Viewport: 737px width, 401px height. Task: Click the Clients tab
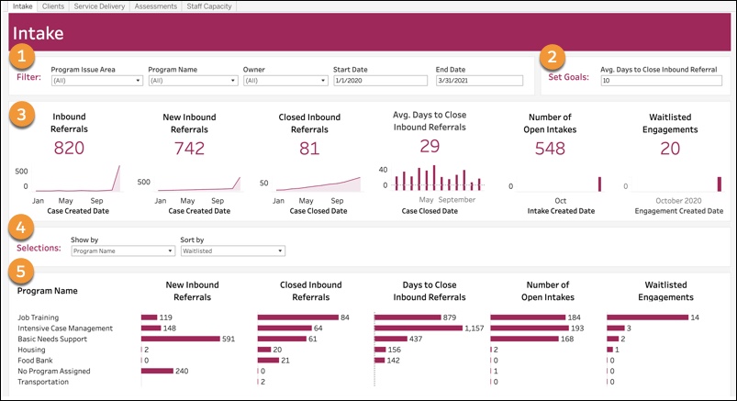tap(53, 6)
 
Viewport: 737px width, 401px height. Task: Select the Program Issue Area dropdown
tap(96, 81)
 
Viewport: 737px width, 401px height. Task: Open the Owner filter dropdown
tap(285, 81)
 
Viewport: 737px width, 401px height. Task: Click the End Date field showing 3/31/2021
tap(478, 81)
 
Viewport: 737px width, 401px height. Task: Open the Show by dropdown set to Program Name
tap(122, 251)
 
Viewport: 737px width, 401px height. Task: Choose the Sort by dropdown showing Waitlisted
tap(232, 251)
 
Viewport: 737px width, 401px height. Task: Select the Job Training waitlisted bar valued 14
tap(647, 317)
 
